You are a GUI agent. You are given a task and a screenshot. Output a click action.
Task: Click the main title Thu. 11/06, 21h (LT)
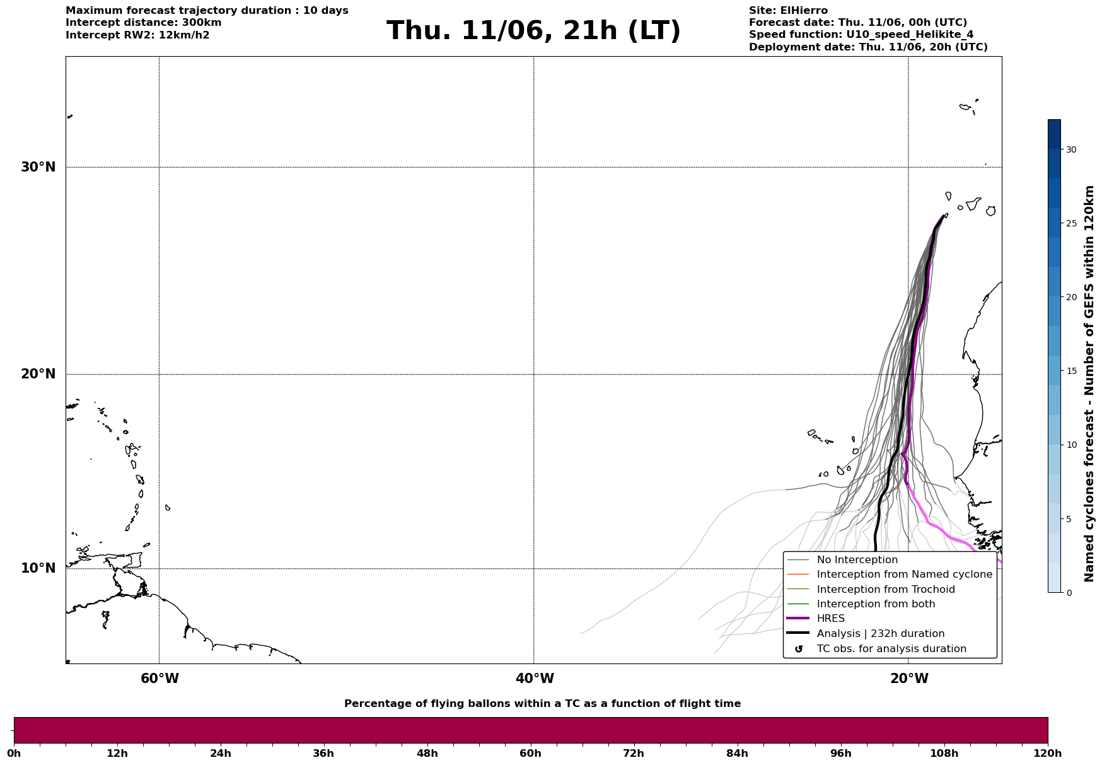533,31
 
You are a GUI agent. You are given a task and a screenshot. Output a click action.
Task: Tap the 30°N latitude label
38,167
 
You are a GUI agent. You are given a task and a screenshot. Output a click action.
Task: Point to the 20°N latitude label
38,374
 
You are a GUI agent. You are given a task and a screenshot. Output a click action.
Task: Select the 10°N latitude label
38,568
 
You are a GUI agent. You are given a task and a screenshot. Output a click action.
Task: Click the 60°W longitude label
159,679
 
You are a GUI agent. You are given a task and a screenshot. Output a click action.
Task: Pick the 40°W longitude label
535,679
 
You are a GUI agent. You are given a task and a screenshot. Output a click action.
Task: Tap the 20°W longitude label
909,679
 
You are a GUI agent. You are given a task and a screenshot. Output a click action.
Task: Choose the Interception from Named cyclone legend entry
890,575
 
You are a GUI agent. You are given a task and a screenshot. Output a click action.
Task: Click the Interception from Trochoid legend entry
871,590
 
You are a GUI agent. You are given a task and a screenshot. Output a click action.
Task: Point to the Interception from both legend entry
861,604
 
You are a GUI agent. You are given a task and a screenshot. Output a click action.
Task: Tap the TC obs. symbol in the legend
799,649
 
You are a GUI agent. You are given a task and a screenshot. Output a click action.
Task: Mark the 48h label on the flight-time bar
427,753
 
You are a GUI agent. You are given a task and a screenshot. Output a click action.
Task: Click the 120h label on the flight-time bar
1048,753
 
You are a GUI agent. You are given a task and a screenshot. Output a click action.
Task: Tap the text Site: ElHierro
788,11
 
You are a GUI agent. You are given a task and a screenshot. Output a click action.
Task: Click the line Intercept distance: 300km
144,23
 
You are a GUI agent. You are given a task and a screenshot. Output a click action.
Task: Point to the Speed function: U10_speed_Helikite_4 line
861,35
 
